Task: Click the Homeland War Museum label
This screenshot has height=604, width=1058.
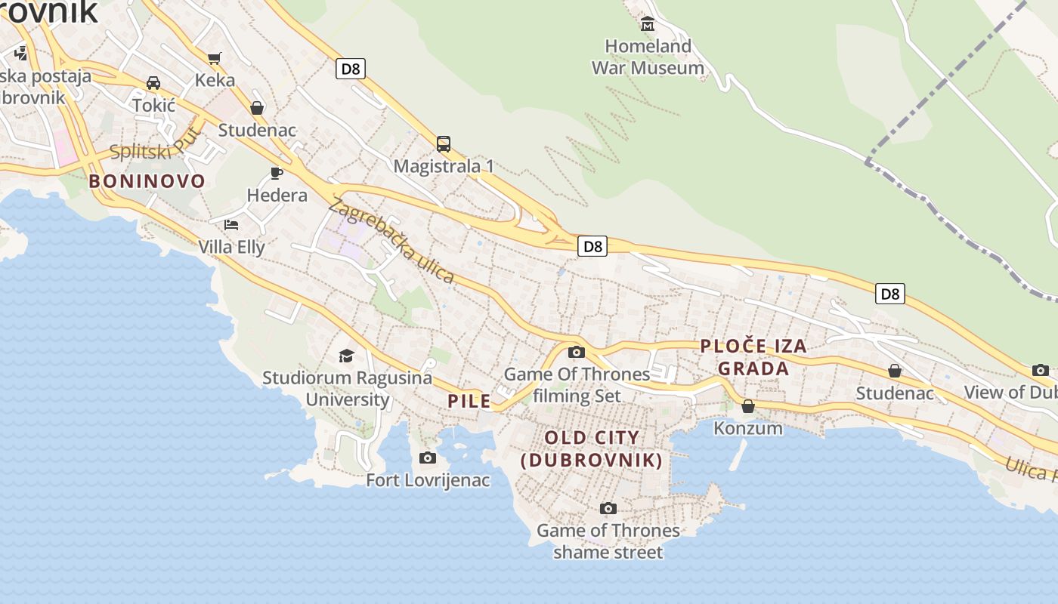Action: click(648, 57)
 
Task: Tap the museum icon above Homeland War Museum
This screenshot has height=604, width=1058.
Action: click(648, 24)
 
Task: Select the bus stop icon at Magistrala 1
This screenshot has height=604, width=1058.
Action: click(444, 143)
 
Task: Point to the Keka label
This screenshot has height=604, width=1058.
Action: click(215, 80)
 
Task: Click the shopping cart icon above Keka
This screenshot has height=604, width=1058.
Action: click(215, 57)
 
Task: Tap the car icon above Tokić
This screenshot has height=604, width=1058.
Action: click(153, 82)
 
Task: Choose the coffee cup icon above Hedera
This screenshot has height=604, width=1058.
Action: click(277, 173)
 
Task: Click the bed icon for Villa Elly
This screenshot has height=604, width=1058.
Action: click(231, 224)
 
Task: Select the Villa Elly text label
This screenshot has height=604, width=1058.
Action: click(231, 247)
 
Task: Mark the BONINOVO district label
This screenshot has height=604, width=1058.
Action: click(147, 181)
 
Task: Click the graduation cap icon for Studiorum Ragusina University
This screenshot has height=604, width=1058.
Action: click(346, 355)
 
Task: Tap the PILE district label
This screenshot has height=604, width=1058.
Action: click(469, 401)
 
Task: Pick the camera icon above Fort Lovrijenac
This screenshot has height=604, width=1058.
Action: click(428, 458)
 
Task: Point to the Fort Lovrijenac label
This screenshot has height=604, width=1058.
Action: click(428, 480)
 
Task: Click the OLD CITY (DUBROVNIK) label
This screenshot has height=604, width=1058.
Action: click(592, 448)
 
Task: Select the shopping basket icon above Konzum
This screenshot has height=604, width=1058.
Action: click(748, 406)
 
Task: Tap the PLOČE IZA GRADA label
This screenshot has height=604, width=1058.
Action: click(753, 357)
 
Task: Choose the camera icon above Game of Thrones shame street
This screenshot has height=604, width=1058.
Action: click(608, 508)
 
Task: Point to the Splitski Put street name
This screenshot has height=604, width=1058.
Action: click(155, 146)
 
